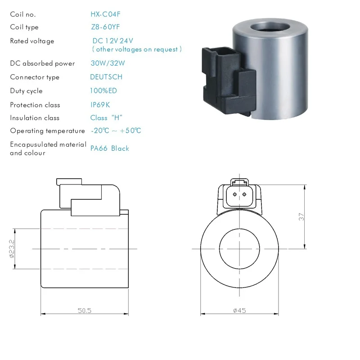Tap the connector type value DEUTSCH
[106, 77]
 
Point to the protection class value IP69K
[100, 105]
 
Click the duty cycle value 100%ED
[103, 91]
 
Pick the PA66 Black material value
[110, 148]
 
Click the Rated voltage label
[32, 41]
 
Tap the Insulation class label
[35, 118]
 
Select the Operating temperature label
[47, 131]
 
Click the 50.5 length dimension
[85, 310]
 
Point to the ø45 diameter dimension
[239, 310]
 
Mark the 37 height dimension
[301, 216]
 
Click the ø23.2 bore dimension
[12, 248]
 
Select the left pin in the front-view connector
[234, 194]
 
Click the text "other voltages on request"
[137, 49]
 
